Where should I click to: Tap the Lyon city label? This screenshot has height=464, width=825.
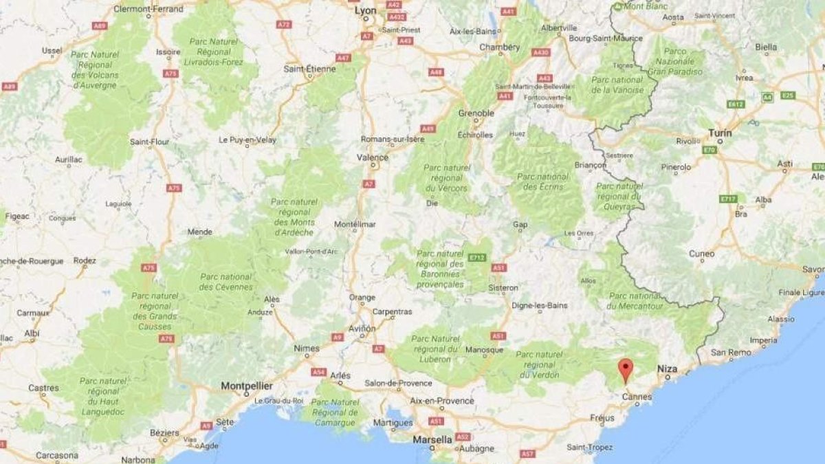pos(365,11)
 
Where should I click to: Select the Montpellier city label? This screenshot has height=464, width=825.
pos(247,386)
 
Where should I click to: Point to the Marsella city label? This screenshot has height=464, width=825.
pos(432,439)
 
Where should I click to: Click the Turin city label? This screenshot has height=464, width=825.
pos(720,133)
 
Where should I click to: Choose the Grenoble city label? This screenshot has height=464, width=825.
pos(476,113)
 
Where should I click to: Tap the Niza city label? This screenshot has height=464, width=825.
pos(668,369)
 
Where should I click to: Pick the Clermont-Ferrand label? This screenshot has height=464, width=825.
pos(148,9)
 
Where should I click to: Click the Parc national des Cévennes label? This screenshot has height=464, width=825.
pos(225,281)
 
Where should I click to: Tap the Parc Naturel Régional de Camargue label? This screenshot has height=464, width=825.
pos(335,407)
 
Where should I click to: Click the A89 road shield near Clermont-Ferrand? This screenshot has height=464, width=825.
pos(100,25)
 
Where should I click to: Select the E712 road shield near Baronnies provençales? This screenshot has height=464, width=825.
pos(477,258)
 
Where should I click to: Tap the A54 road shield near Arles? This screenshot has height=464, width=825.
pos(318,372)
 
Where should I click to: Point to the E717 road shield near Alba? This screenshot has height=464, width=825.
pos(728,199)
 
